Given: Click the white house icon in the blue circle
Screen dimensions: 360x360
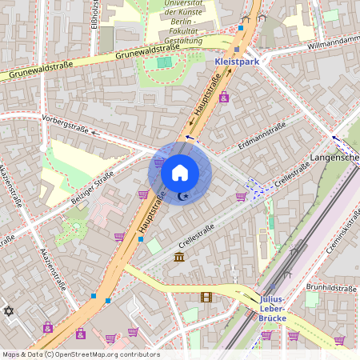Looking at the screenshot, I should (180, 172).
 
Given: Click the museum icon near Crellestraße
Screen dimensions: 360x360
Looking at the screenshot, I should (178, 257).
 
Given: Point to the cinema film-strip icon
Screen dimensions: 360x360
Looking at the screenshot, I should (206, 297).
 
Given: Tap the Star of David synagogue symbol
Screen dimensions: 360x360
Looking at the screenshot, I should (9, 310).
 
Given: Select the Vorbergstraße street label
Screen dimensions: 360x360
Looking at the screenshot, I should (66, 126).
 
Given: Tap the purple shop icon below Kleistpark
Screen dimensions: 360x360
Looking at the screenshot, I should (223, 97).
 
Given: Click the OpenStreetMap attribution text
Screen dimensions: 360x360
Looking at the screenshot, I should (80, 354).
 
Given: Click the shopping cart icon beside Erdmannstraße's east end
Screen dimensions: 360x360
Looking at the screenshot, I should (240, 197).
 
